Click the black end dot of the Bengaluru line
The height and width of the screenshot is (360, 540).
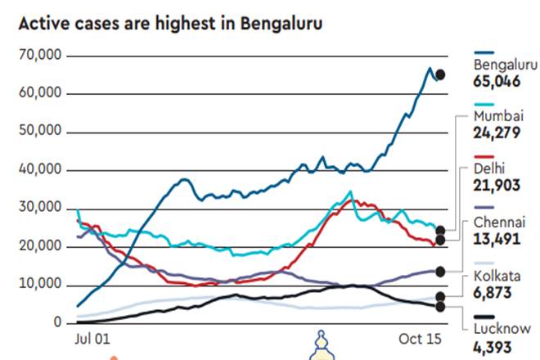[x=440, y=74]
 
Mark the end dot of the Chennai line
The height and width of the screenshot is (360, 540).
[x=440, y=271]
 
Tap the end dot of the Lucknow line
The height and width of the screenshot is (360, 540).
[x=440, y=307]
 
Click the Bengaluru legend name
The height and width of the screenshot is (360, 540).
[x=501, y=65]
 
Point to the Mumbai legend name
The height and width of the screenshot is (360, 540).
[x=496, y=117]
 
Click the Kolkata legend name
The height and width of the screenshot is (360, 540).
[x=494, y=276]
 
